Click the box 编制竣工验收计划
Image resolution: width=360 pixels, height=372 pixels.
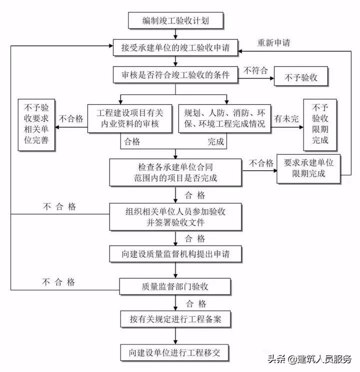tap(175, 21)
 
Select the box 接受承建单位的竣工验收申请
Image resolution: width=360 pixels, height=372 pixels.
tap(175, 48)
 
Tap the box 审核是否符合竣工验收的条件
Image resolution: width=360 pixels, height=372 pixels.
tap(175, 75)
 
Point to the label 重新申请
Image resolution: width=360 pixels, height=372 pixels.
tap(273, 42)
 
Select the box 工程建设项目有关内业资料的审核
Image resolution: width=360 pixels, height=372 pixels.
tap(129, 118)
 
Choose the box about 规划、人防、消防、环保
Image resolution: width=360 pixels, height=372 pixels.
tap(224, 118)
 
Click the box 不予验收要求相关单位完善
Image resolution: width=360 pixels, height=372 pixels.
tap(36, 125)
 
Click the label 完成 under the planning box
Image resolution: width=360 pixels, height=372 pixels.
tap(216, 142)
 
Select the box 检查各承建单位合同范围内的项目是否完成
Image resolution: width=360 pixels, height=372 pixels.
tap(176, 171)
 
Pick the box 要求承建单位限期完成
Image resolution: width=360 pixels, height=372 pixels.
tap(308, 168)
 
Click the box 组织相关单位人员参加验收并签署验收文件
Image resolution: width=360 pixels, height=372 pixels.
tap(176, 217)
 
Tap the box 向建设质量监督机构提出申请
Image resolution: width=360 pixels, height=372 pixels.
tap(176, 254)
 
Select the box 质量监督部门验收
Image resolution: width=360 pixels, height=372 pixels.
tap(175, 287)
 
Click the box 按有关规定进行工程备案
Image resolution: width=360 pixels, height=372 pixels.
tap(175, 318)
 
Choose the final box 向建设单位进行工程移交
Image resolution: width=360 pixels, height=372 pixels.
tap(175, 352)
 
